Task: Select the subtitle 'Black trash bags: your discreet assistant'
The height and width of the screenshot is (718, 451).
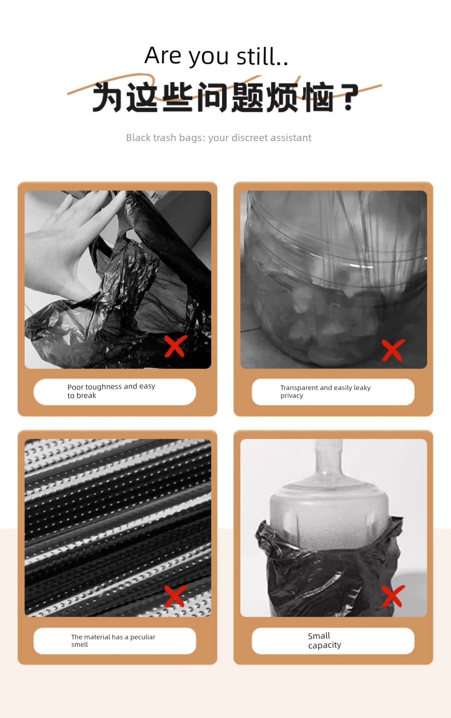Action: pos(219,138)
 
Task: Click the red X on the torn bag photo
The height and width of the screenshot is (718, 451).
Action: pos(176,346)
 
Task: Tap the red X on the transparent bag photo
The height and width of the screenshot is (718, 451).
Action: pos(393,350)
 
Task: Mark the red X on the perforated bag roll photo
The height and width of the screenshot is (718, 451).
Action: pos(176,596)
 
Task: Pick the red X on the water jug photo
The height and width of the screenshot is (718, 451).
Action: pos(393,596)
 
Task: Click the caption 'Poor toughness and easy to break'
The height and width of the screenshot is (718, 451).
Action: pos(111,391)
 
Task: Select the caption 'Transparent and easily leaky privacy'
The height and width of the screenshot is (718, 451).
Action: pos(325,391)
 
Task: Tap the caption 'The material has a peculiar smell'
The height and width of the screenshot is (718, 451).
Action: pos(113,641)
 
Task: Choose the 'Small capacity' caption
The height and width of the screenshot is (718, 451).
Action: pos(325,640)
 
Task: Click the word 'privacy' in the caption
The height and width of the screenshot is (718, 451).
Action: pos(292,396)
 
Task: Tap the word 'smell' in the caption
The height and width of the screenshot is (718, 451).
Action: pos(80,645)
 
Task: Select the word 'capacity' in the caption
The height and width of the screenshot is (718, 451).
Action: pos(325,645)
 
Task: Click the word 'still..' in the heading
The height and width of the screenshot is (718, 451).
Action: pos(262,56)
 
